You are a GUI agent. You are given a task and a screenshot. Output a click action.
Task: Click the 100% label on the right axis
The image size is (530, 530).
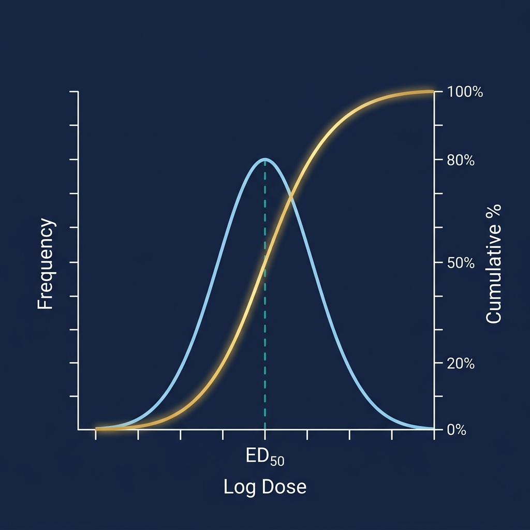[465, 93]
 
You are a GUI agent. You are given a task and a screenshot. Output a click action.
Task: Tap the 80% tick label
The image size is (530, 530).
[461, 160]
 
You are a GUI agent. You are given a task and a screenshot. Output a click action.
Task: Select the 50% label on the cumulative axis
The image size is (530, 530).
[461, 263]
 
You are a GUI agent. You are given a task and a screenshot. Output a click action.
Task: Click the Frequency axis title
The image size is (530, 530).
[46, 264]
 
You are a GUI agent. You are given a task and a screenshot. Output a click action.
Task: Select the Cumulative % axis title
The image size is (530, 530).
[494, 264]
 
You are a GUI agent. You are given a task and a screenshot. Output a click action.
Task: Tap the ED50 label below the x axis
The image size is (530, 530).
[264, 458]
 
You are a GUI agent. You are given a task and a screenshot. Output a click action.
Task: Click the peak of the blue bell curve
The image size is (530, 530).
[265, 159]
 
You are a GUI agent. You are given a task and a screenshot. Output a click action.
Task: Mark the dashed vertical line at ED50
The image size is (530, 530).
[265, 336]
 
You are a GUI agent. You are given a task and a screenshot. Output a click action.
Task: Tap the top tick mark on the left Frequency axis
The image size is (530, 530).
[73, 92]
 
